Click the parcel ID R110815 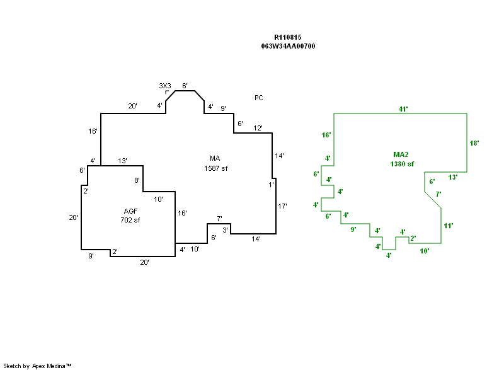(x=287, y=37)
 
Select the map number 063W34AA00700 (x=288, y=46)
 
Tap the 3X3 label (x=165, y=85)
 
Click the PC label (x=259, y=98)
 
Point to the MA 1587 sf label (x=215, y=163)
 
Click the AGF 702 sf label (x=130, y=216)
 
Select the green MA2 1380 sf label (x=402, y=159)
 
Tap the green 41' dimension (x=403, y=109)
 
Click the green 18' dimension (x=474, y=143)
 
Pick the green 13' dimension (x=452, y=177)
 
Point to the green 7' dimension (x=438, y=194)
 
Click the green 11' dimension (x=449, y=225)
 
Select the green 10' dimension (x=425, y=251)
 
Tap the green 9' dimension (x=353, y=229)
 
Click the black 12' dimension (x=258, y=128)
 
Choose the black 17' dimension (x=283, y=206)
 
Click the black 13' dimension (x=123, y=161)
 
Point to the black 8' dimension (x=137, y=180)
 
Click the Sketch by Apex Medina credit (x=37, y=366)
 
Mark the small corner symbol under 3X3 (x=167, y=92)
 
